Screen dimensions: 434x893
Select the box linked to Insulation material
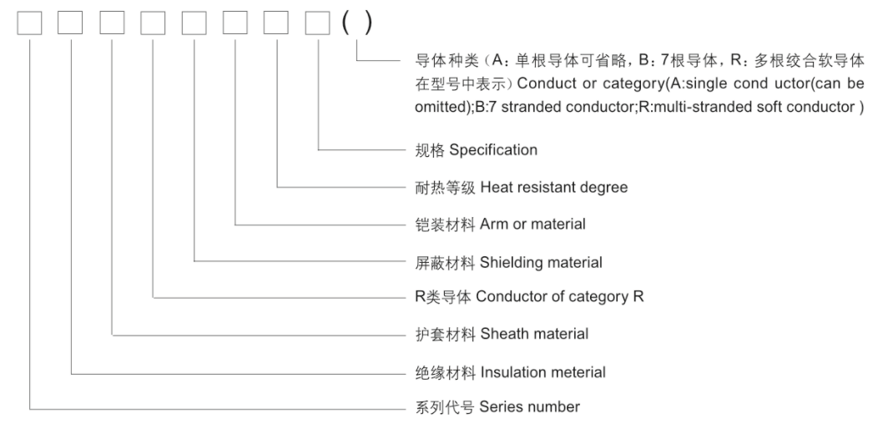tap(71, 23)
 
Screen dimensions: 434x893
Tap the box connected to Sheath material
tap(112, 23)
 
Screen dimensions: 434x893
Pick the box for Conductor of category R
tap(153, 23)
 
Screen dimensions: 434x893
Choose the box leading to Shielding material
tap(194, 23)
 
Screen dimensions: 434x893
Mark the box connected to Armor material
tap(235, 23)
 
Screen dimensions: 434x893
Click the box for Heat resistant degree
tap(276, 23)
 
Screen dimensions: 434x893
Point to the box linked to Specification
tap(318, 23)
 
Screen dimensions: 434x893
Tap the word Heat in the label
tap(495, 188)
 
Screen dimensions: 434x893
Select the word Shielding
tap(509, 262)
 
